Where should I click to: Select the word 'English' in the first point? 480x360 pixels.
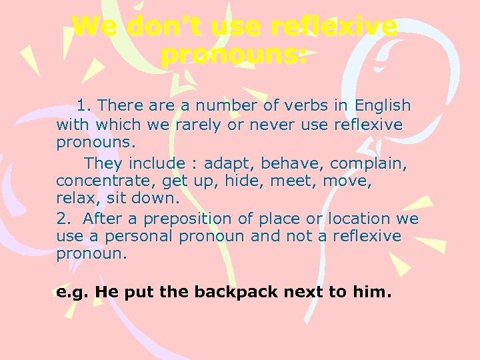383,105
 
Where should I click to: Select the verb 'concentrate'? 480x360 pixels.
97,181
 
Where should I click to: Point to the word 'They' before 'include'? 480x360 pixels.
103,163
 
